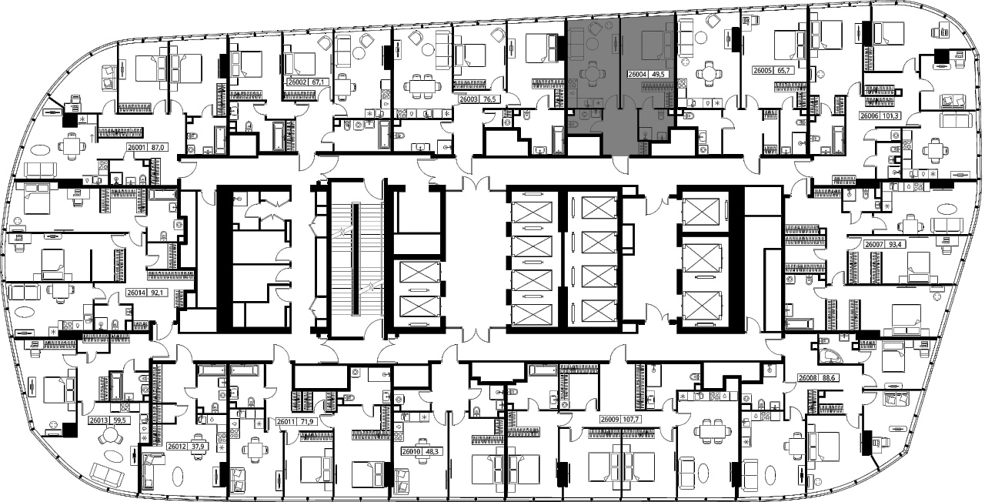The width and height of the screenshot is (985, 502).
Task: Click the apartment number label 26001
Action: click(136, 147)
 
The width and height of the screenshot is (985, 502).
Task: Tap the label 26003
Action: click(469, 99)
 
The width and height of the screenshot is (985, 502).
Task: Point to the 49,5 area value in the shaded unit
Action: click(658, 75)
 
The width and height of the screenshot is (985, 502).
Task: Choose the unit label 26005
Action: click(763, 70)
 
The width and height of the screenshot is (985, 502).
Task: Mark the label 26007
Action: click(873, 244)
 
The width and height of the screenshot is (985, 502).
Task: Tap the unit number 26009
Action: click(610, 420)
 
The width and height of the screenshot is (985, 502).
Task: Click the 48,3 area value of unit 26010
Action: click(433, 451)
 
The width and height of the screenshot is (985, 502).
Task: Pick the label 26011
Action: click(285, 421)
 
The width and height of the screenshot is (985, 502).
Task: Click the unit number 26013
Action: click(98, 420)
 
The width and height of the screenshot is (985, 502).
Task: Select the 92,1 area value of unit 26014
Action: click(159, 293)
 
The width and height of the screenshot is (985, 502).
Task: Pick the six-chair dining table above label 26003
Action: click(420, 86)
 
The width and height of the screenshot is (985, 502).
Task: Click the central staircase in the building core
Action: click(356, 259)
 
